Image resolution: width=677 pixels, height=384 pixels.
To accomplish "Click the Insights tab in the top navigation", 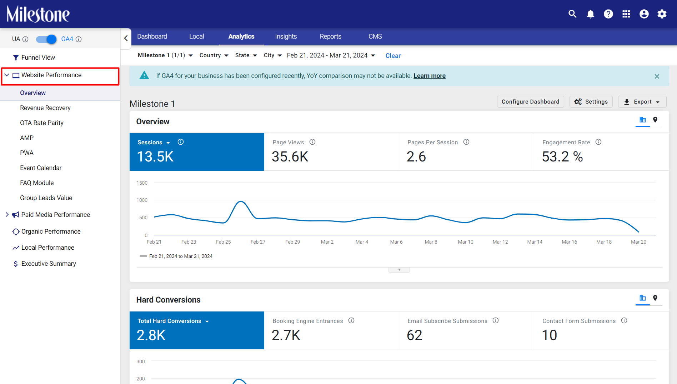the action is tap(286, 36).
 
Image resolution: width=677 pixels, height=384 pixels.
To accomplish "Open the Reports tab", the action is tap(330, 36).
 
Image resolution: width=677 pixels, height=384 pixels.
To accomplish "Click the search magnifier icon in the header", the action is tap(572, 14).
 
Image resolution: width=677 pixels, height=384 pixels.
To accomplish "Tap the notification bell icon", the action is tap(591, 14).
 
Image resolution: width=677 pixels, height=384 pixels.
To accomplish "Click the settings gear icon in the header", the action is tap(662, 14).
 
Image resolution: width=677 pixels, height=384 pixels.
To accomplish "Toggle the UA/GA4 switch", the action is tap(46, 39).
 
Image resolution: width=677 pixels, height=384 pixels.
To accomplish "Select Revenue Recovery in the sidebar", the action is tap(45, 108).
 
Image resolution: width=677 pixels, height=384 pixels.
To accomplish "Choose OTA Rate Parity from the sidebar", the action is tap(42, 123).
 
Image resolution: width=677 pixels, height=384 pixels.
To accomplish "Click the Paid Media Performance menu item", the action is tap(56, 215).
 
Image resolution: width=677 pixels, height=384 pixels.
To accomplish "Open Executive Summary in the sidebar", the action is tap(49, 264).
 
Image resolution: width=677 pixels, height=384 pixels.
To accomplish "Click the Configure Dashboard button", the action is tap(530, 102).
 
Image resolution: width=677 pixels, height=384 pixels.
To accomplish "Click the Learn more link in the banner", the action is tap(430, 76).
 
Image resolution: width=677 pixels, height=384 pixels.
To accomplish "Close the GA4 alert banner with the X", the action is tap(657, 76).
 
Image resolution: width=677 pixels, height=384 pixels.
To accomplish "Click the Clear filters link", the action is tap(393, 56).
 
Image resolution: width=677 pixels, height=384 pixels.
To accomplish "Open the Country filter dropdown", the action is tap(214, 55).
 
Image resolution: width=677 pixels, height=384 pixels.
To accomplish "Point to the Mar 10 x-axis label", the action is tap(466, 242).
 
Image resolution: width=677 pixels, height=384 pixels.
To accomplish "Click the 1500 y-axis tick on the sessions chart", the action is tap(142, 183).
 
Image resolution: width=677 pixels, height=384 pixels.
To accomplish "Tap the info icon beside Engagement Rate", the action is tap(598, 142).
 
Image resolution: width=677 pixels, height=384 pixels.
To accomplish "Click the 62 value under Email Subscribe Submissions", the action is tap(415, 335).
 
